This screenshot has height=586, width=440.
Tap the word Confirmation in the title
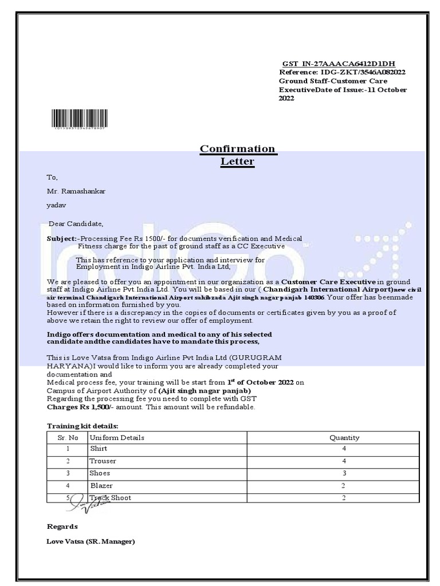237,149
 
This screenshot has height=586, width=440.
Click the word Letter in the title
237,162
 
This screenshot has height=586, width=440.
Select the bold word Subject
60,238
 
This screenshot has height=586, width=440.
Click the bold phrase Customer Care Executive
328,282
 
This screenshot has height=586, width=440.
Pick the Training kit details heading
82,426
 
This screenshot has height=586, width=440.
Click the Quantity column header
344,438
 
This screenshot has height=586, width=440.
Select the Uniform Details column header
117,438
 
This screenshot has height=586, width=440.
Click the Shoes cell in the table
99,473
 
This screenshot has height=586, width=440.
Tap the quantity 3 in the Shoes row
344,473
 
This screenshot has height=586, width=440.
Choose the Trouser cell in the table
103,461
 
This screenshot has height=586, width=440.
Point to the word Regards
62,526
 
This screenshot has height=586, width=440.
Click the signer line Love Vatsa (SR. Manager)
91,541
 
